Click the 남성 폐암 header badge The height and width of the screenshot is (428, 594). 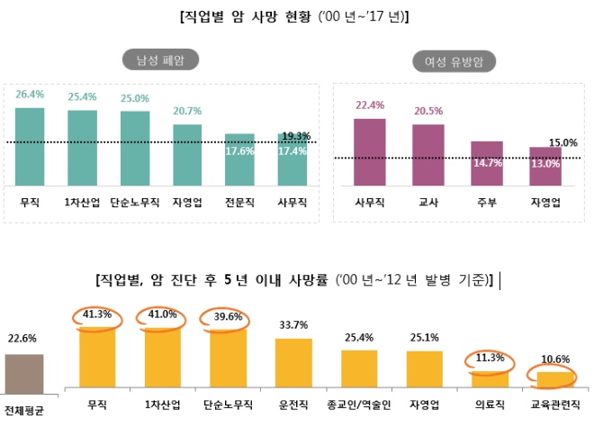coord(161,60)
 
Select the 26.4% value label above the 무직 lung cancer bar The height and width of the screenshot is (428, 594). coord(30,93)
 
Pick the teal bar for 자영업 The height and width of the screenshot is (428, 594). coord(188,154)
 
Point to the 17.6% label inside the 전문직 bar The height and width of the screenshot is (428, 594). coord(240,151)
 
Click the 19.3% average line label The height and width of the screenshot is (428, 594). coord(296,136)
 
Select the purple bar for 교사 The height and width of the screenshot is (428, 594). coord(428,154)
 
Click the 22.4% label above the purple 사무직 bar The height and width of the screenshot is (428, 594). coord(370,105)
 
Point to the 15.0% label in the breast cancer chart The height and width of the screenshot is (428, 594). coord(563,142)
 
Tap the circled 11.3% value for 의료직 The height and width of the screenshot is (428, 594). coord(490,358)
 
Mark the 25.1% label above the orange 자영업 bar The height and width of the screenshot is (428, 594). coord(424,339)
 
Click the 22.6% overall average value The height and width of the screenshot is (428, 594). coord(24,339)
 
